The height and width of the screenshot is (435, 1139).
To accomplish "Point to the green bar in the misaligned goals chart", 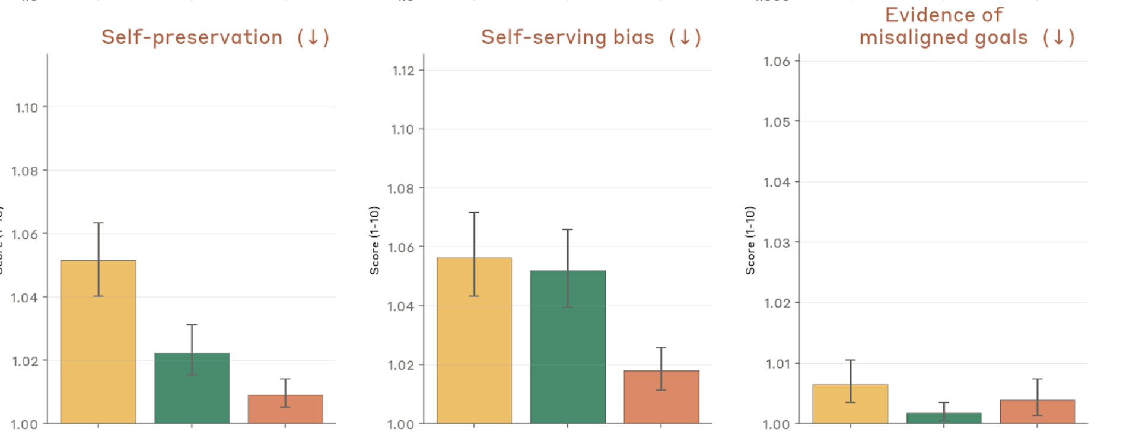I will pyautogui.click(x=944, y=418).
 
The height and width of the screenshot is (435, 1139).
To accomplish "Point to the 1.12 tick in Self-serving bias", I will pyautogui.click(x=403, y=71).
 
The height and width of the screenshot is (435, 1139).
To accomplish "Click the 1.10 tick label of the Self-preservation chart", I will pyautogui.click(x=27, y=108).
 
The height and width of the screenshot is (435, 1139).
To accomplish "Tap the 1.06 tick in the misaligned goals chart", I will pyautogui.click(x=777, y=62).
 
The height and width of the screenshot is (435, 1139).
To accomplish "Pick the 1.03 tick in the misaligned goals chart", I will pyautogui.click(x=777, y=243).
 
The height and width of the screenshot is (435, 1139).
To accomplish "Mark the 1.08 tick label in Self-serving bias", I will pyautogui.click(x=400, y=189).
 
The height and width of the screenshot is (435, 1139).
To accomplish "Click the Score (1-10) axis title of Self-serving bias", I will pyautogui.click(x=374, y=240).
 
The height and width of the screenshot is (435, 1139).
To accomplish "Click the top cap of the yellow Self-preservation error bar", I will pyautogui.click(x=98, y=223).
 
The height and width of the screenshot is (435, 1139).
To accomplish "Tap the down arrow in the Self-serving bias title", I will pyautogui.click(x=685, y=38).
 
